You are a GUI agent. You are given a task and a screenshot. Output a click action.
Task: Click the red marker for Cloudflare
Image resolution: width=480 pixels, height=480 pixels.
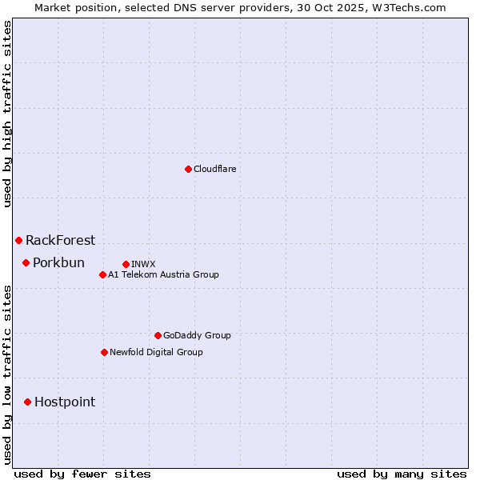coord(188,169)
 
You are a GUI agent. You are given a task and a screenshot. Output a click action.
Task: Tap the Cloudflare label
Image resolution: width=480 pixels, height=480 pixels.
coord(214,169)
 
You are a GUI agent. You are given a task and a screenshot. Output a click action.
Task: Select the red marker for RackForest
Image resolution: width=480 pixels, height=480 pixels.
coord(18,240)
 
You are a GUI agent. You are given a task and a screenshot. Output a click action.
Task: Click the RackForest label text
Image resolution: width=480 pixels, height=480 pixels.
coord(60,240)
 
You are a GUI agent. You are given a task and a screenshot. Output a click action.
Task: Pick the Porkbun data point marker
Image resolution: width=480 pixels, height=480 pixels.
coord(26,262)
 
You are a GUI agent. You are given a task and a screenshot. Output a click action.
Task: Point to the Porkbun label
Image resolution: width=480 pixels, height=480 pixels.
coord(58,262)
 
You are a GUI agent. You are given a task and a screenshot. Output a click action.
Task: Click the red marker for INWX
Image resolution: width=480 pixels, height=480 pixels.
coord(126,264)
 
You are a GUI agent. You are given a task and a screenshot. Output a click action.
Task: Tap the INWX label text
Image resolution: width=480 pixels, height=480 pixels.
coord(143,264)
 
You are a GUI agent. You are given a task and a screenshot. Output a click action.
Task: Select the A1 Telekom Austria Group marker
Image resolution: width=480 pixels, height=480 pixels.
coord(102,274)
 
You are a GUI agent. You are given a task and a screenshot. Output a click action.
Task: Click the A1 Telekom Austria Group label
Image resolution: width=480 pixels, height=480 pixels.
coord(163,274)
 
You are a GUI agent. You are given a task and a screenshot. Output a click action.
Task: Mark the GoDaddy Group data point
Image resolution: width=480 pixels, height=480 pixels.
coord(158,335)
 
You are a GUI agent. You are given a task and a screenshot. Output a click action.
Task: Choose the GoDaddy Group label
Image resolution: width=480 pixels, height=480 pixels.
coord(197,335)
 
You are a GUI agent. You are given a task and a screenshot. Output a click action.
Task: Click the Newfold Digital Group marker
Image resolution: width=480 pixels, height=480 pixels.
coord(104,352)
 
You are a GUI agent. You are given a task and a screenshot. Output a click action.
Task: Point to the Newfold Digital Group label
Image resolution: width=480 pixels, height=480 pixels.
coord(156,352)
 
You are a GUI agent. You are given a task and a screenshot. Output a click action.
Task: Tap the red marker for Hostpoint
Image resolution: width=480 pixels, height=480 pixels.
coord(27,402)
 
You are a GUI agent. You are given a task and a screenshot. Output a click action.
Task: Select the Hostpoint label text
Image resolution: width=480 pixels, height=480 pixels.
coord(65,402)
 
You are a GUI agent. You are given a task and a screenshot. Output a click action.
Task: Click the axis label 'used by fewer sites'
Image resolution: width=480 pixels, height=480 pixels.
coord(82,474)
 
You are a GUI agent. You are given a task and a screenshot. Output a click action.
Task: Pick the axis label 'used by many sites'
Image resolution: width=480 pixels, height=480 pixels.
coord(402,474)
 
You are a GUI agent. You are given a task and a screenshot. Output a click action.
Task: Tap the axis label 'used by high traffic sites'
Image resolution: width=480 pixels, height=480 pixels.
coord(7,114)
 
